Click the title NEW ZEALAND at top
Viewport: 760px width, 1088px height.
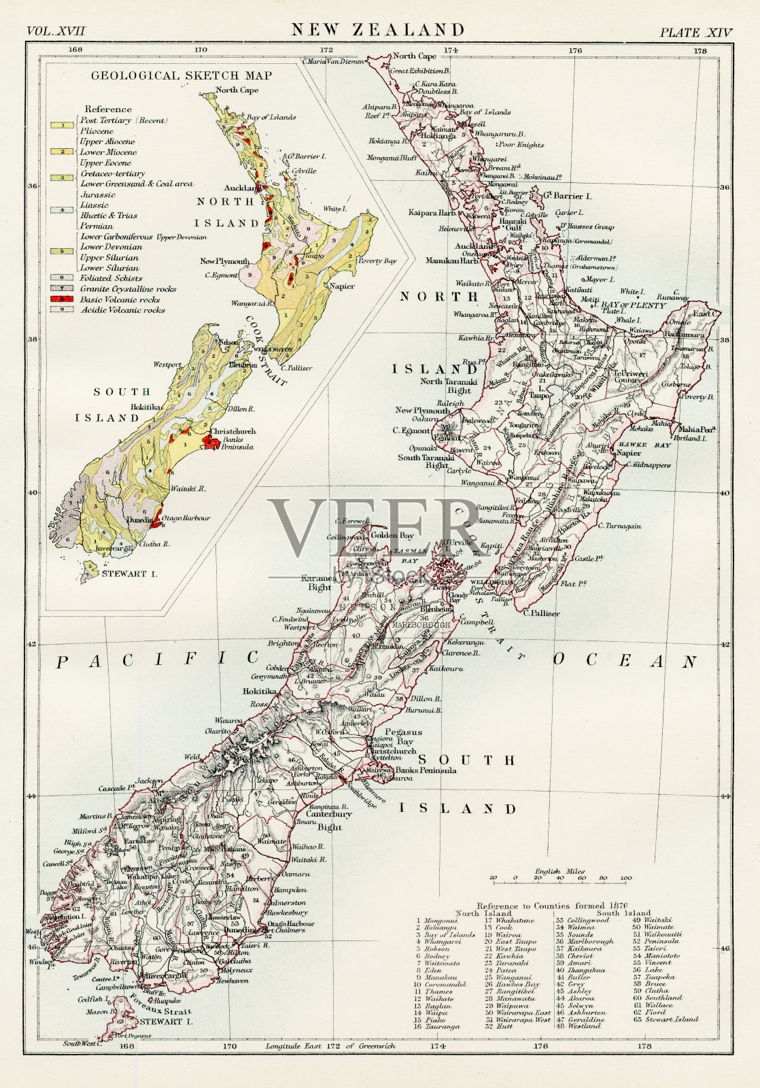[379, 29]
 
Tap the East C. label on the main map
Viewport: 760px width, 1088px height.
[706, 313]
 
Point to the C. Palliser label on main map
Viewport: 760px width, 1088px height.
[542, 613]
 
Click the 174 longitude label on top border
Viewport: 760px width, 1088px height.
[451, 50]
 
